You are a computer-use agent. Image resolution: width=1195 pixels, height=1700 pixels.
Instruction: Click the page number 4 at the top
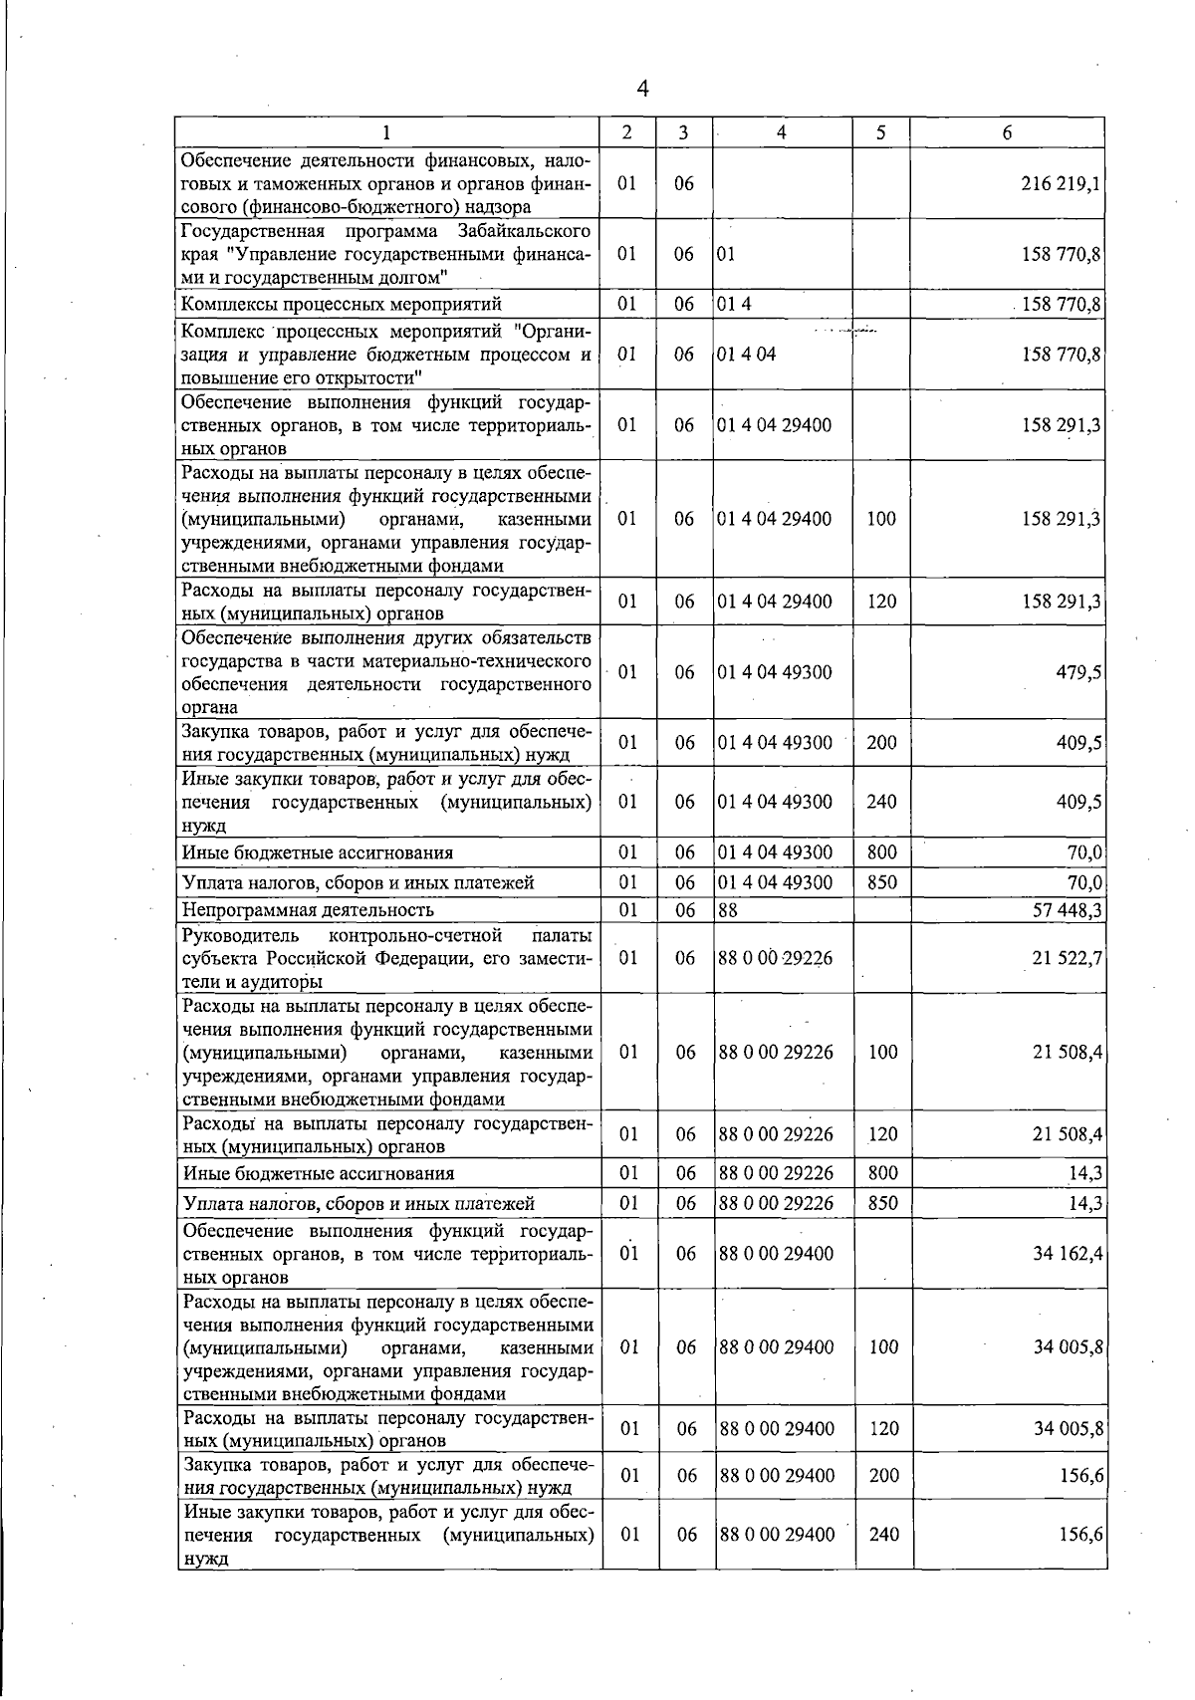642,89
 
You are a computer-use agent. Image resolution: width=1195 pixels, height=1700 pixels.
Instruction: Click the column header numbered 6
1008,132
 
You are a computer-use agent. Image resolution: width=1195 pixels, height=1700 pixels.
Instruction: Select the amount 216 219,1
1061,184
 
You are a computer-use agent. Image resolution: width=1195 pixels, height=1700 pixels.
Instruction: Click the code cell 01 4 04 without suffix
746,355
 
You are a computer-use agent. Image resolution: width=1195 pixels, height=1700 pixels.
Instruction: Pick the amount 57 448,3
1065,909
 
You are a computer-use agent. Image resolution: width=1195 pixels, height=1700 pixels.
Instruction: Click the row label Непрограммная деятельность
308,909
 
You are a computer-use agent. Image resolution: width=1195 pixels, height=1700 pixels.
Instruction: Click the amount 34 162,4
1068,1253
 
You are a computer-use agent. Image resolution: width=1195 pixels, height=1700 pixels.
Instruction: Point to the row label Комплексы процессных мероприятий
342,304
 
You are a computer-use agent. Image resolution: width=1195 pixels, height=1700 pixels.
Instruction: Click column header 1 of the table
386,132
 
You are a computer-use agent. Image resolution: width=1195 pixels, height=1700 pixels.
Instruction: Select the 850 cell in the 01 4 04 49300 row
882,881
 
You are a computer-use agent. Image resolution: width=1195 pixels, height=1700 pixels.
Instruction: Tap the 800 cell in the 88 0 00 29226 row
883,1173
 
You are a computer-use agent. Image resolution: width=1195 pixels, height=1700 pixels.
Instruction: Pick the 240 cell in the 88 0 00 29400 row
884,1535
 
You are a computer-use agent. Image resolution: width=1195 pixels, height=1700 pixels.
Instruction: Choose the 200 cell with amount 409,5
882,742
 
